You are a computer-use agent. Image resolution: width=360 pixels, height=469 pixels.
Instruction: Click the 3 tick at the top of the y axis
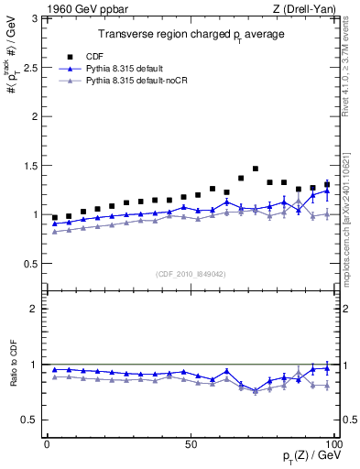coord(34,18)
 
